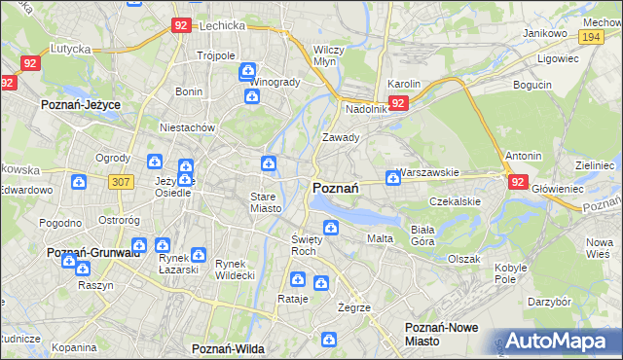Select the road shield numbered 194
588,36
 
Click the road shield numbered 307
122,182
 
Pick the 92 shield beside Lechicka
180,26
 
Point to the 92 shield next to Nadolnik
397,102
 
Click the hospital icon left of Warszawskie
392,177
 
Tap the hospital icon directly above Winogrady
248,70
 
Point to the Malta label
380,237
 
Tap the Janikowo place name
544,33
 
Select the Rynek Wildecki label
235,270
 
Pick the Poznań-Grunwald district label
94,252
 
